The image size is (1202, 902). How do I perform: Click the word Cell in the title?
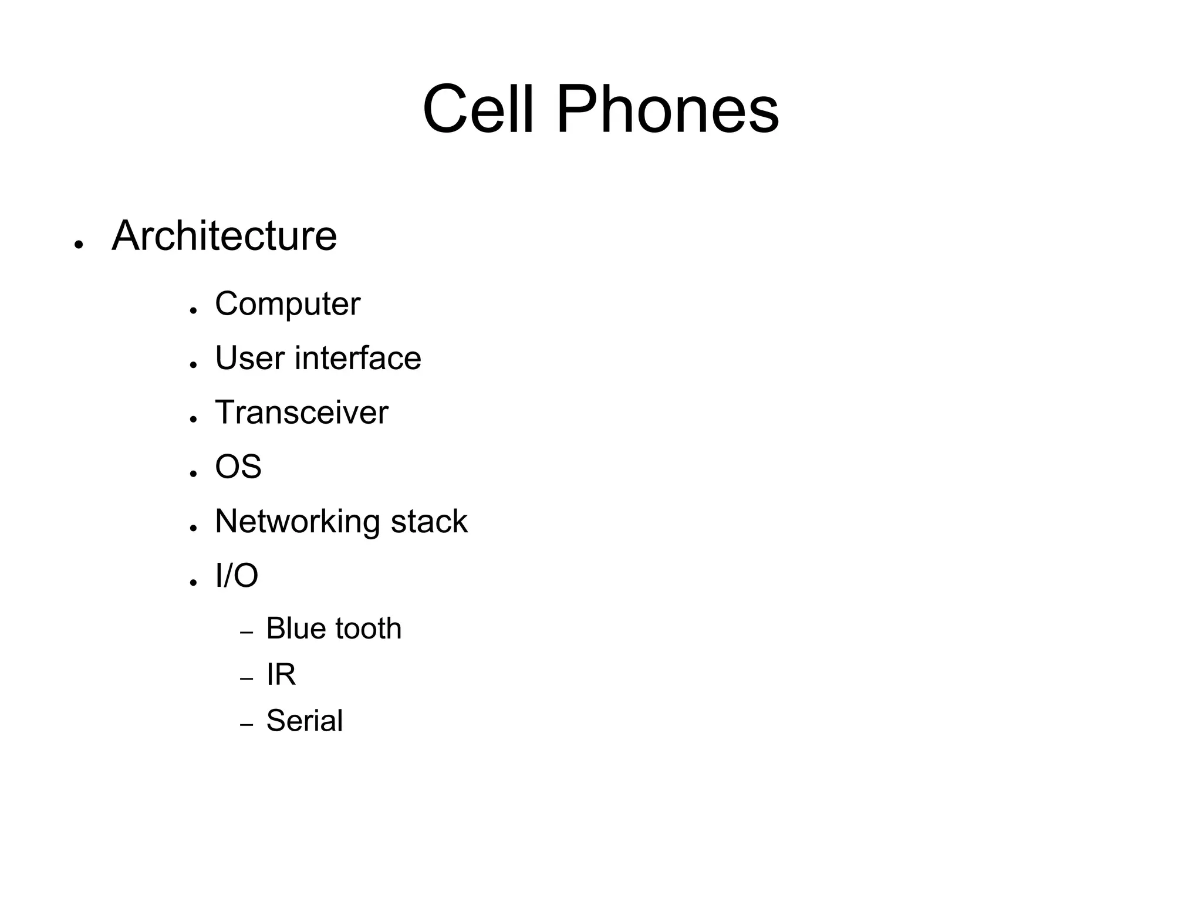click(x=478, y=110)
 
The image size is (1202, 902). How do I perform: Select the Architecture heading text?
click(x=224, y=236)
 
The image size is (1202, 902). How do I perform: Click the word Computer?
click(x=288, y=304)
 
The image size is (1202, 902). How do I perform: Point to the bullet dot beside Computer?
click(x=193, y=310)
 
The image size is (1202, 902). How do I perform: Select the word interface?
click(x=357, y=358)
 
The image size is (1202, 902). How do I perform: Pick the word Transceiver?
click(x=302, y=412)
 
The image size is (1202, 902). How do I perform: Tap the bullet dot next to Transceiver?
click(x=193, y=419)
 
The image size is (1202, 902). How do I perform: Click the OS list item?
click(x=238, y=467)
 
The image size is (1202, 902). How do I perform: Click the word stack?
click(x=429, y=522)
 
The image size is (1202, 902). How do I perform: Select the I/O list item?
click(x=237, y=575)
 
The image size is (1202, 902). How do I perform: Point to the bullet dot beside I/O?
click(x=193, y=582)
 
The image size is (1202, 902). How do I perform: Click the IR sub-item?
click(x=281, y=674)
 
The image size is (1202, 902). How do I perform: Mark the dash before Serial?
click(x=247, y=725)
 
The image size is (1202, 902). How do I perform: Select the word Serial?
click(x=305, y=721)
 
